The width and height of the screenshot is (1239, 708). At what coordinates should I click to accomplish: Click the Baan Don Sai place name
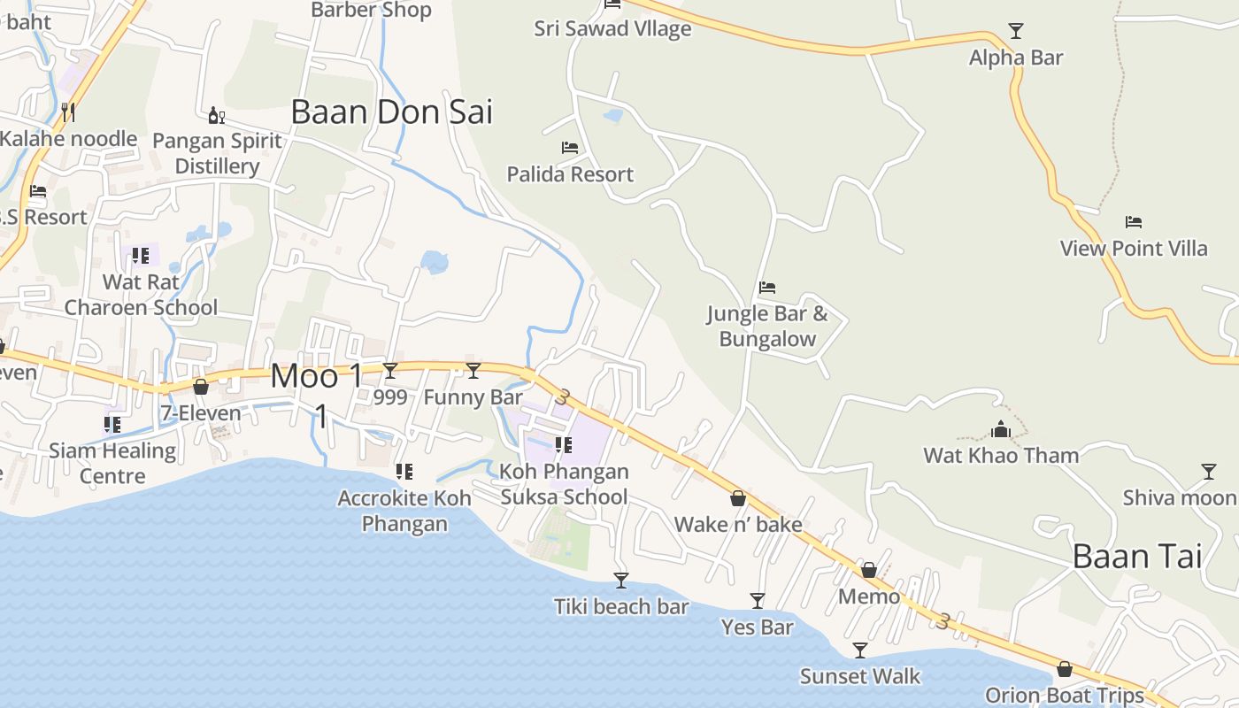tap(391, 112)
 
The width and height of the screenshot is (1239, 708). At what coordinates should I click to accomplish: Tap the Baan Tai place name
tap(1137, 557)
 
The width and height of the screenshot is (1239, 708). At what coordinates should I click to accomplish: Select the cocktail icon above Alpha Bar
tap(1016, 31)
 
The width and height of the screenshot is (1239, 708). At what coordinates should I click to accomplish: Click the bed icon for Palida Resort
tap(570, 148)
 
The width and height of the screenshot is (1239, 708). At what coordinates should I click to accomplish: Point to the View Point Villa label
tap(1134, 249)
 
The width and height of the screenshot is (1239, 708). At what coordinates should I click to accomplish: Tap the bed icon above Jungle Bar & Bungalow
tap(767, 288)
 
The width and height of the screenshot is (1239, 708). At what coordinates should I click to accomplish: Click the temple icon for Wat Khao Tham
tap(1001, 430)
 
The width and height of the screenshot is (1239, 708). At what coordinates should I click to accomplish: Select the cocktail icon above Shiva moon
tap(1209, 472)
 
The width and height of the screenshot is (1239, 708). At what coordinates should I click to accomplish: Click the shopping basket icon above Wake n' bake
tap(738, 499)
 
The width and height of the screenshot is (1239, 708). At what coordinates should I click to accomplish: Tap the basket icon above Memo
tap(869, 570)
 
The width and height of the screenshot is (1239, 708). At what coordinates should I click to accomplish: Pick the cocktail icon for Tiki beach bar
tap(621, 581)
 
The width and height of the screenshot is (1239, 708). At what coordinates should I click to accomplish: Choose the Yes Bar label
tap(757, 627)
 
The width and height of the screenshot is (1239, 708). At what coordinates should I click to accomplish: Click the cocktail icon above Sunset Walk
tap(859, 651)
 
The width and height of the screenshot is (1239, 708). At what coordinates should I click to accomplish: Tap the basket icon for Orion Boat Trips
tap(1065, 669)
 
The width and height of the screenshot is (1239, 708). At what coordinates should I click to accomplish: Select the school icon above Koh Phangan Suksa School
tap(563, 445)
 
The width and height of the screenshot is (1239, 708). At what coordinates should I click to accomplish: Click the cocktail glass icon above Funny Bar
tap(473, 371)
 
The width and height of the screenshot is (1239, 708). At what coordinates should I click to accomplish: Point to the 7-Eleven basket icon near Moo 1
tap(201, 387)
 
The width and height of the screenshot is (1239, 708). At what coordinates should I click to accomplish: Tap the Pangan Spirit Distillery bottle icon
tap(216, 115)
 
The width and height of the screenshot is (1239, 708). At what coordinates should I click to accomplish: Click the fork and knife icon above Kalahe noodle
tap(67, 112)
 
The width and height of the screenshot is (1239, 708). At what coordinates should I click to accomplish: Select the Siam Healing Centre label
tap(112, 463)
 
